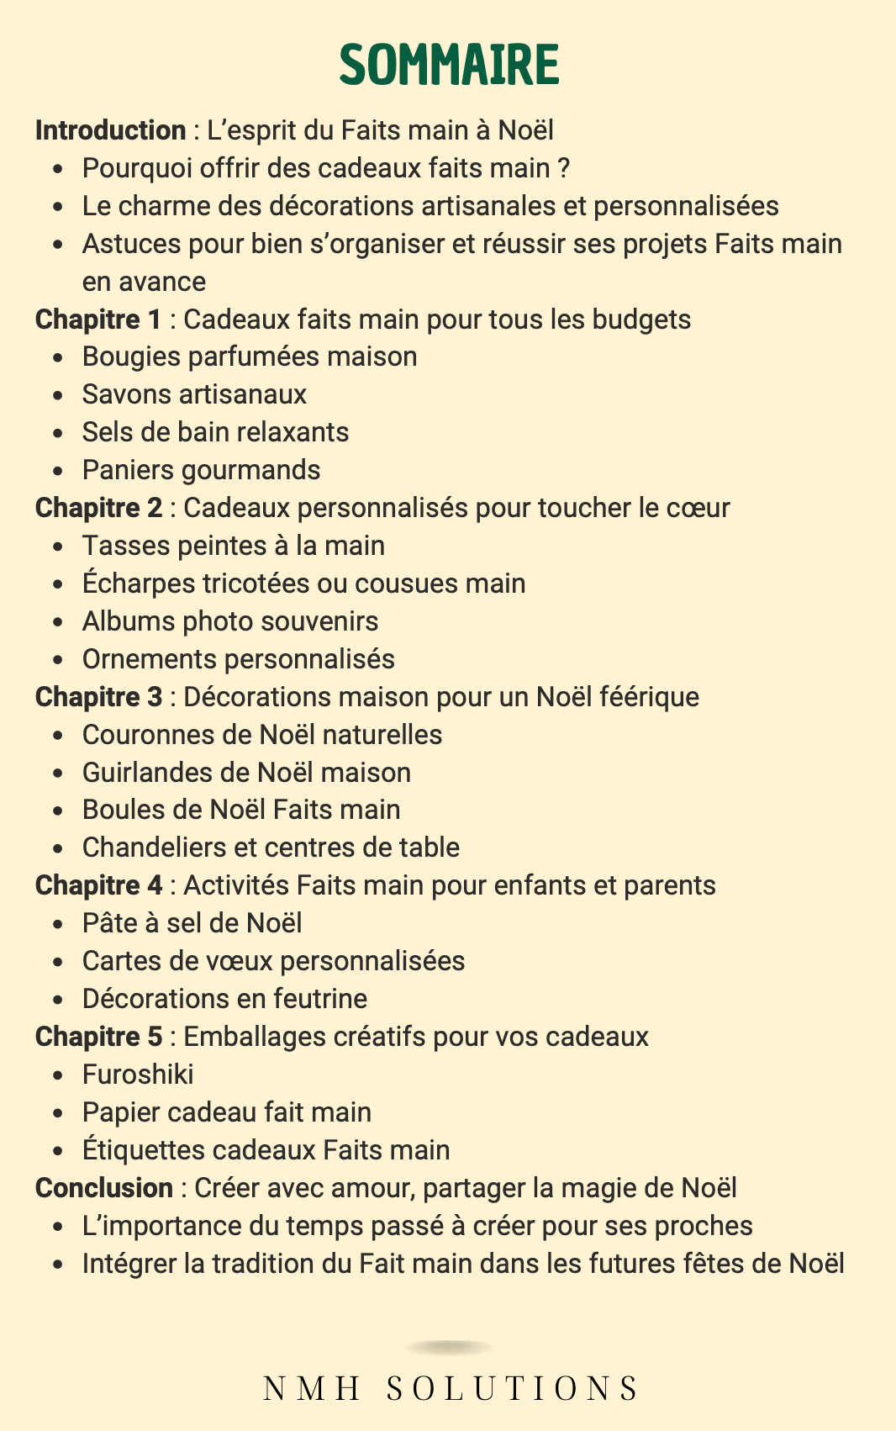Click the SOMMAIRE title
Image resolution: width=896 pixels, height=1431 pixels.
pos(449,65)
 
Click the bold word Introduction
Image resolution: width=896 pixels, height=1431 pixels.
pos(110,130)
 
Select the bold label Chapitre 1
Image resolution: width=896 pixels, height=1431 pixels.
pos(98,319)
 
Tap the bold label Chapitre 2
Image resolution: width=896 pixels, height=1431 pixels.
pos(98,508)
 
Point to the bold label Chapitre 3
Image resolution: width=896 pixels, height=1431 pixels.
pos(98,697)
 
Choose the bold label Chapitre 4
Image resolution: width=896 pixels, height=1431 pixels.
pos(98,885)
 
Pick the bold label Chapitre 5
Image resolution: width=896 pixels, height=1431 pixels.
pos(98,1037)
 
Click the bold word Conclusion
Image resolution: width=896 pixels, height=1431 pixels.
pos(104,1188)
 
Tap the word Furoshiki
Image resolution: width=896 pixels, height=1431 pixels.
pos(138,1075)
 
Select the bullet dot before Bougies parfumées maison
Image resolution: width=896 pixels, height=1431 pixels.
pos(57,358)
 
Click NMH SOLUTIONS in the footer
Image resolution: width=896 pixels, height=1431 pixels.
pos(451,1388)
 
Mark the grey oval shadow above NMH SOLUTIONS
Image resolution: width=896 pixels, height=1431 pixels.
pos(449,1348)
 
